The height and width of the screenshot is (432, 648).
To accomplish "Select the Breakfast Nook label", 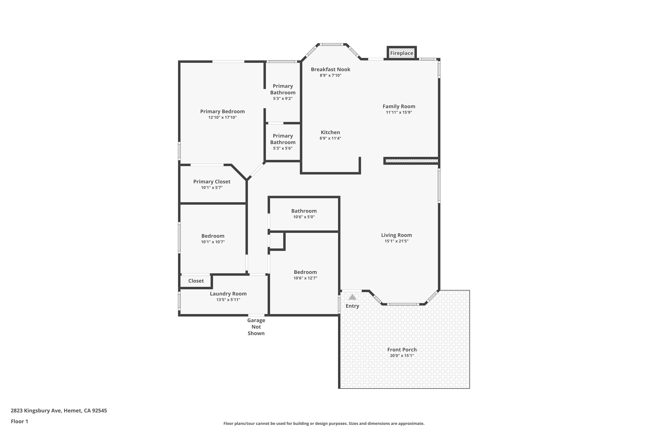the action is (331, 69).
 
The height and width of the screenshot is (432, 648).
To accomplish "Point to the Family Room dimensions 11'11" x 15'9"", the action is (399, 112).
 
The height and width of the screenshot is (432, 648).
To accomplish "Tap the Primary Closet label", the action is (212, 182).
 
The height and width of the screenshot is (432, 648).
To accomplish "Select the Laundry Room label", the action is (228, 294).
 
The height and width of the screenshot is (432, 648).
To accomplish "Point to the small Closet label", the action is (196, 281).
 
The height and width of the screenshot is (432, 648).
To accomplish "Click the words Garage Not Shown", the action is (256, 327).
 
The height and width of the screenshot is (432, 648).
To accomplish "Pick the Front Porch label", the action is (402, 350).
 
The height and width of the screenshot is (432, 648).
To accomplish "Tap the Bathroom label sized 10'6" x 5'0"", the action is (304, 211).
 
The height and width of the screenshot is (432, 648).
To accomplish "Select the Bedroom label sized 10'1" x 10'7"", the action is (213, 236).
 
